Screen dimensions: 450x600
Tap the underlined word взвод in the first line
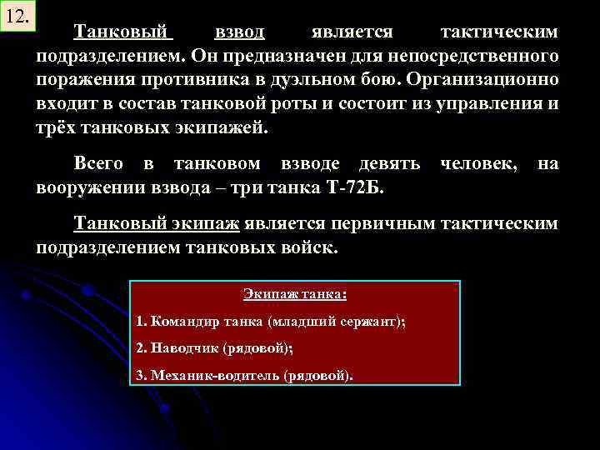[x=239, y=32]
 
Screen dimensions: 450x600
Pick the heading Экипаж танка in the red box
[x=295, y=294]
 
